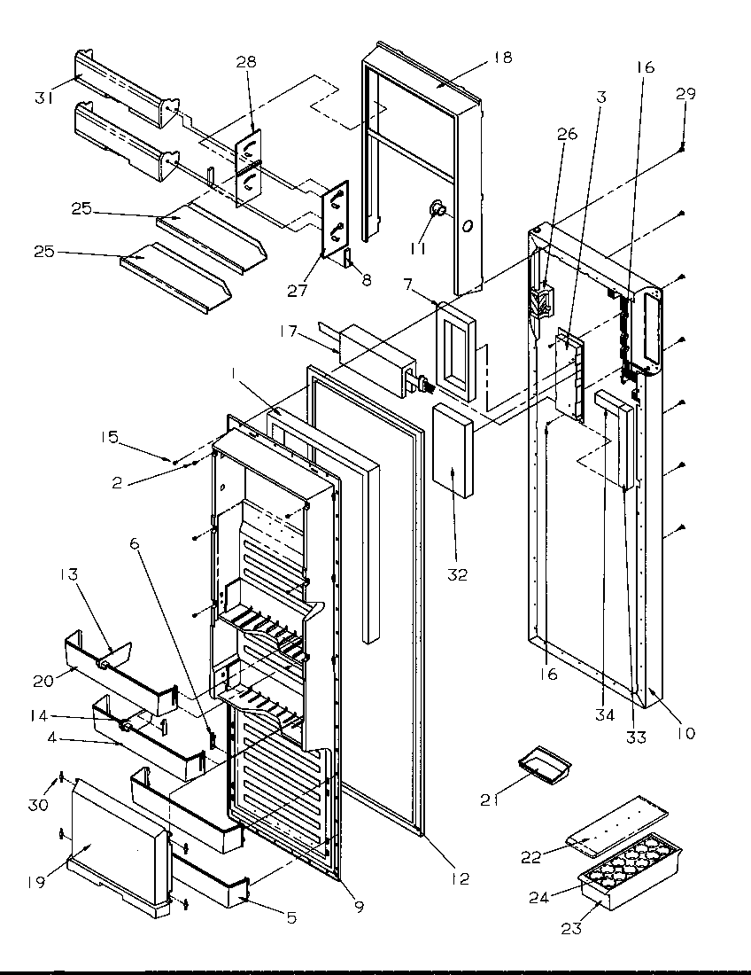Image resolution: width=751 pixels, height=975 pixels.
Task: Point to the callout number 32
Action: pos(457,575)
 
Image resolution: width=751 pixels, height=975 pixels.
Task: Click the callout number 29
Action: pos(685,93)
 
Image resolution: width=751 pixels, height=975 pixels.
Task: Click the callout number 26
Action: pos(566,135)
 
